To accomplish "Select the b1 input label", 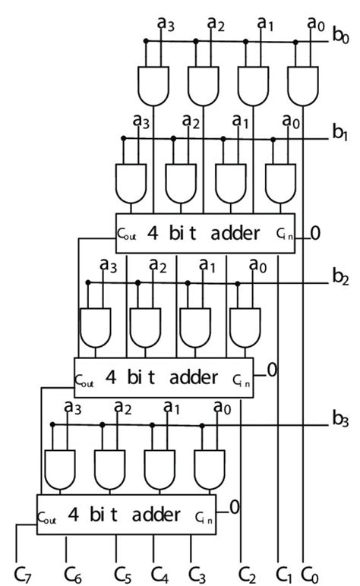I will [339, 134].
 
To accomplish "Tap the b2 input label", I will [339, 279].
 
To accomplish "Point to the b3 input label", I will [339, 417].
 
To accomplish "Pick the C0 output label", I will [310, 570].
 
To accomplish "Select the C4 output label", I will [159, 570].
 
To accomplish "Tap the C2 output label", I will [247, 570].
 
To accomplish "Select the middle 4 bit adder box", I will [163, 376].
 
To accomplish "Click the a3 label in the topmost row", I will [166, 23].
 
